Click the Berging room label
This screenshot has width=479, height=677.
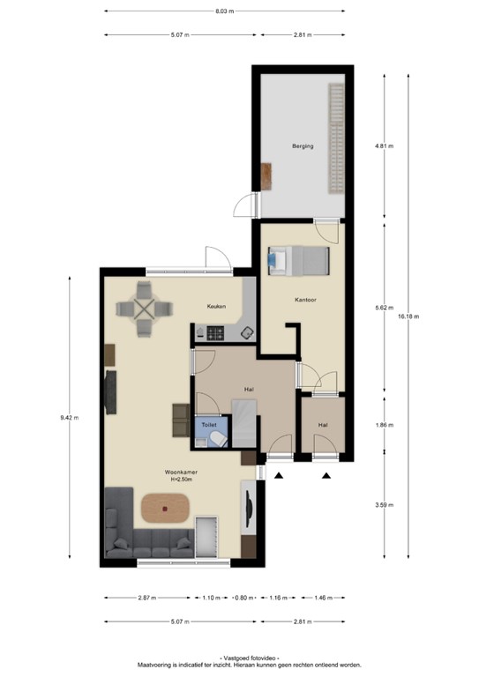click(x=303, y=146)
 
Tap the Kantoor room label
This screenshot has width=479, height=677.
click(x=305, y=300)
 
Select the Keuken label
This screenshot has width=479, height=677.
click(x=216, y=307)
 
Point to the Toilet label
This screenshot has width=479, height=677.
click(x=208, y=424)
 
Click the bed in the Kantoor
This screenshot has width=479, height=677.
click(x=297, y=260)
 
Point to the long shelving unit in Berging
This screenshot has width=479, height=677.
click(x=336, y=138)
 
